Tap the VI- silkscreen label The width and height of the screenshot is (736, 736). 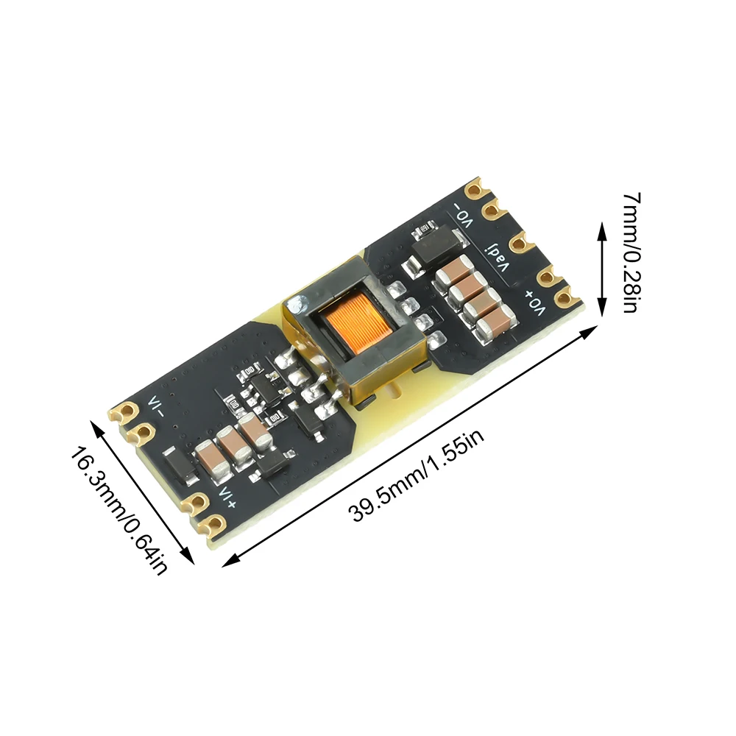(156, 406)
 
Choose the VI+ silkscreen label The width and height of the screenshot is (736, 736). (226, 495)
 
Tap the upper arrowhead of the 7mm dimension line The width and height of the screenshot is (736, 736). (601, 230)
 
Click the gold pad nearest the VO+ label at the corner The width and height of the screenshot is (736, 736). (565, 297)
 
